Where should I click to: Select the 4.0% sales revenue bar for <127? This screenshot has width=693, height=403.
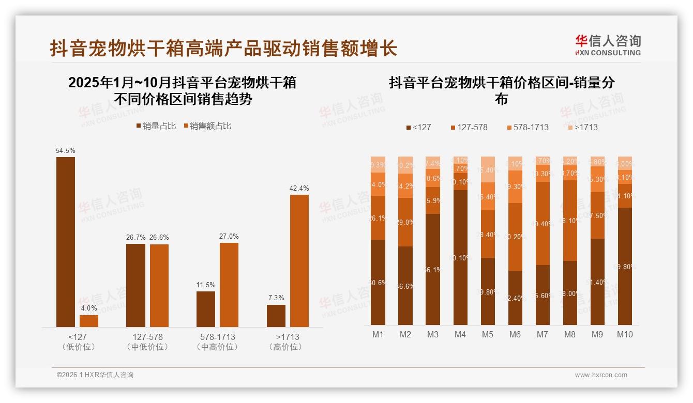pyautogui.click(x=89, y=321)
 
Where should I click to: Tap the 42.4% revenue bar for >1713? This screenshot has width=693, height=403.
pyautogui.click(x=299, y=260)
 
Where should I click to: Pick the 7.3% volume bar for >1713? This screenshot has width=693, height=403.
pyautogui.click(x=276, y=316)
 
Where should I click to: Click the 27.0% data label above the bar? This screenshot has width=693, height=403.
pyautogui.click(x=229, y=237)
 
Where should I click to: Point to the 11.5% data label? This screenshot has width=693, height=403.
pyautogui.click(x=206, y=285)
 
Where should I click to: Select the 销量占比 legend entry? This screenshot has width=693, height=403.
pyautogui.click(x=156, y=126)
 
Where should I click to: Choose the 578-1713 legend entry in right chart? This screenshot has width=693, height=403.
pyautogui.click(x=527, y=127)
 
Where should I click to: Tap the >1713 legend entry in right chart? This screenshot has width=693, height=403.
pyautogui.click(x=582, y=127)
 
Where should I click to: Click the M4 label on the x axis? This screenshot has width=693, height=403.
pyautogui.click(x=460, y=334)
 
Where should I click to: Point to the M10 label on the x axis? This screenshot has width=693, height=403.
pyautogui.click(x=625, y=334)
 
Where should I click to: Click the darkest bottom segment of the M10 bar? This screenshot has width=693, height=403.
pyautogui.click(x=625, y=266)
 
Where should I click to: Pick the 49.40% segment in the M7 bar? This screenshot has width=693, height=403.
pyautogui.click(x=543, y=223)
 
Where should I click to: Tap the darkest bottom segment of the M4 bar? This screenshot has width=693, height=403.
pyautogui.click(x=460, y=257)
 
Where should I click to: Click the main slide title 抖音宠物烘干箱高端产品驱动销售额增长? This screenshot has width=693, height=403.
pyautogui.click(x=223, y=49)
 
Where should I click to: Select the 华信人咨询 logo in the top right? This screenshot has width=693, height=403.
pyautogui.click(x=608, y=45)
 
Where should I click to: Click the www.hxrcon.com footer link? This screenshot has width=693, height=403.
pyautogui.click(x=601, y=375)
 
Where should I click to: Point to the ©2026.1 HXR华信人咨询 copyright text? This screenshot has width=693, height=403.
pyautogui.click(x=95, y=375)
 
